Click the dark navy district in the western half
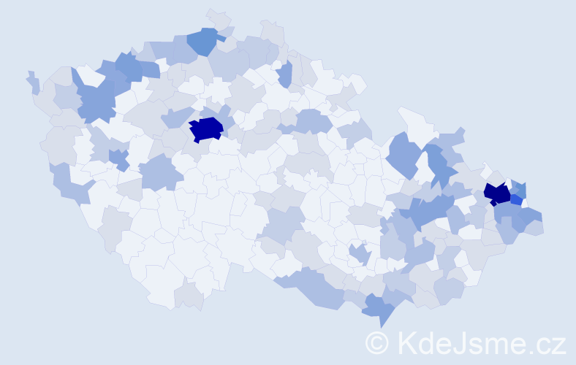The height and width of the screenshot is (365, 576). click(206, 129)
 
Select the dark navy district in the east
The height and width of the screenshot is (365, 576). click(497, 193)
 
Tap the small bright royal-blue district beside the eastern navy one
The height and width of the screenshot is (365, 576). click(516, 199)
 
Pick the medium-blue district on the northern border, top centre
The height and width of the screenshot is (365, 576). click(204, 41)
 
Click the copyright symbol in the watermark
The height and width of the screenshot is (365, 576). click(377, 342)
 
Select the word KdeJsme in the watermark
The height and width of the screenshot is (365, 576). click(454, 342)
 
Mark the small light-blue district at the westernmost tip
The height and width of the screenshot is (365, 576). click(33, 82)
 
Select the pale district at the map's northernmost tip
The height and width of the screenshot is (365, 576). click(218, 18)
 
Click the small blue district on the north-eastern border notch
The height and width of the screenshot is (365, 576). click(284, 73)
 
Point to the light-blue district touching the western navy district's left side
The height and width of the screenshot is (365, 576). click(175, 117)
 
